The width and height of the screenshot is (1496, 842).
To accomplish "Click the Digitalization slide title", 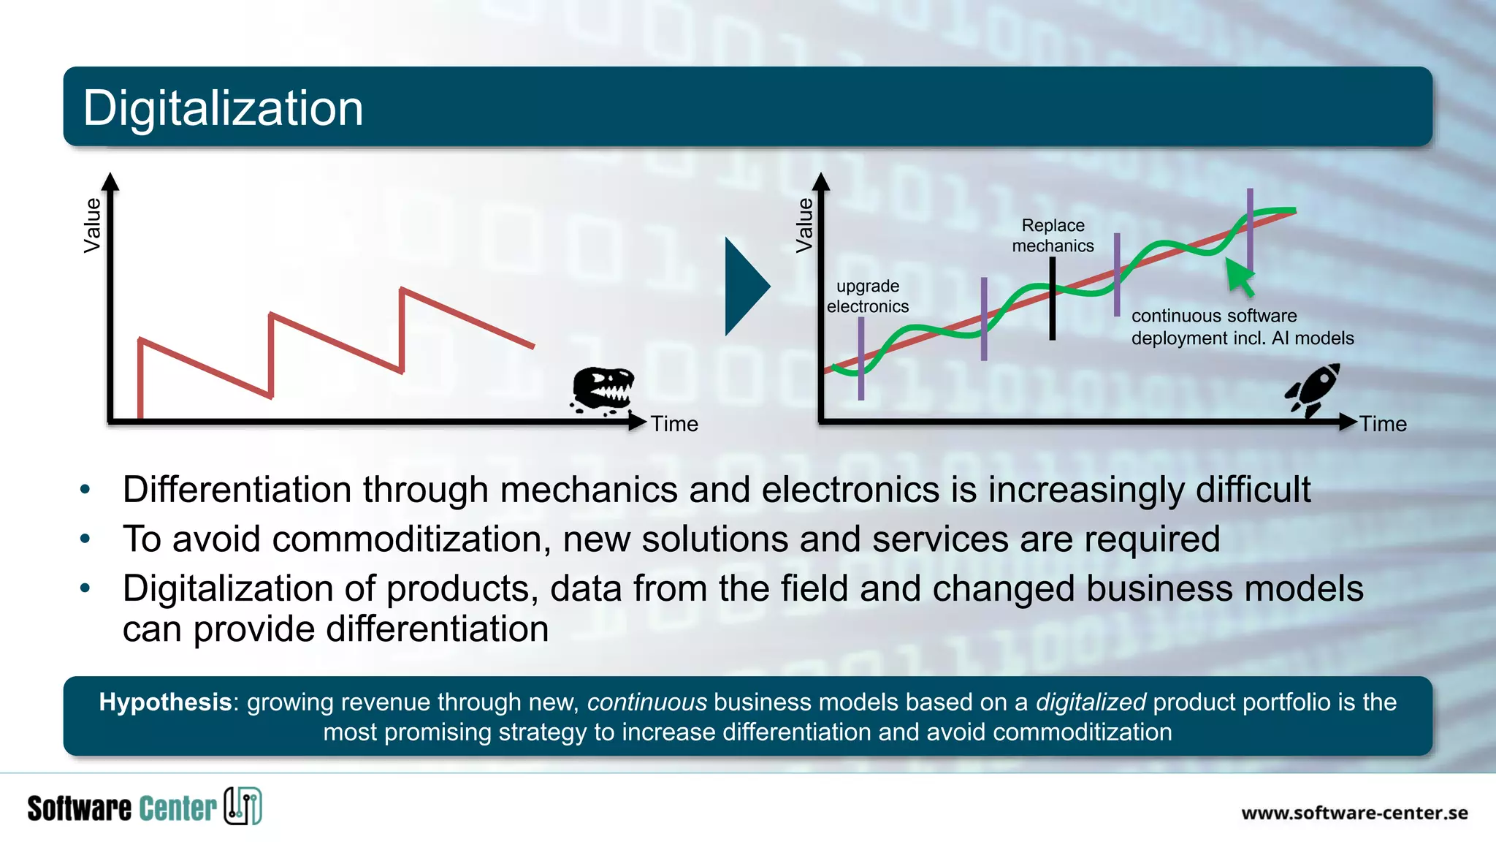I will point(223,108).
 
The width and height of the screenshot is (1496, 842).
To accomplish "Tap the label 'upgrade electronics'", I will point(868,296).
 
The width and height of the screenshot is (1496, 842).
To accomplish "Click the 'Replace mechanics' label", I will point(1053,235).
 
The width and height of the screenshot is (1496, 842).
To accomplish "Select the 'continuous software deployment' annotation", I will point(1242,327).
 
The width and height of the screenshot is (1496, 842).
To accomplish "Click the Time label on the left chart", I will point(674,424).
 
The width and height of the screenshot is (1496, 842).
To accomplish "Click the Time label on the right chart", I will point(1383,424).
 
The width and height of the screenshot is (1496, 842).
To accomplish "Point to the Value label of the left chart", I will point(93,225).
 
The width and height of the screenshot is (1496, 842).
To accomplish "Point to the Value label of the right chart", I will point(804,225).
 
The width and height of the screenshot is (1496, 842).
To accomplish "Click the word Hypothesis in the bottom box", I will point(165,702).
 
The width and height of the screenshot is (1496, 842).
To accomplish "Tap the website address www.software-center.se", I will point(1354,813).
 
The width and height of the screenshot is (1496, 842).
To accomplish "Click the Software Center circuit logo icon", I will point(243,806).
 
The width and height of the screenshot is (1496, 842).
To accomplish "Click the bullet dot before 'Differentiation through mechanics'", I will point(85,490).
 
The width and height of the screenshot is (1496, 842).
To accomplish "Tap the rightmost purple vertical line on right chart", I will point(1250,230).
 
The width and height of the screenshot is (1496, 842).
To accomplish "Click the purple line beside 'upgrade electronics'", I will point(861,358).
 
